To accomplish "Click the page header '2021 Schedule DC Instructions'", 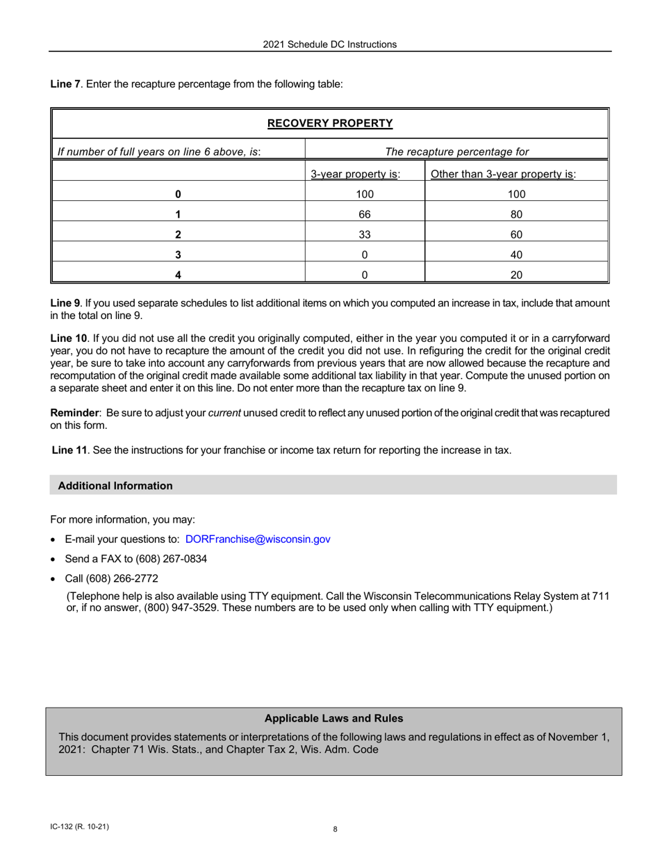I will click(x=329, y=44).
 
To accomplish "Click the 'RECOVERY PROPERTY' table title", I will click(x=330, y=124).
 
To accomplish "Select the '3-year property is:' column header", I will click(x=355, y=174).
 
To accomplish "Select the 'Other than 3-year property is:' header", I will click(x=504, y=174).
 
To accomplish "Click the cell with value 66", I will click(x=365, y=215).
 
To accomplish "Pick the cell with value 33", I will click(x=365, y=235).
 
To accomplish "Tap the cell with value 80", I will click(x=516, y=215).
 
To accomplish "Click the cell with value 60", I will click(x=516, y=235).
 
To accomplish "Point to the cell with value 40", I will click(x=516, y=255).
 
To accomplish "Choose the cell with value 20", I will click(x=516, y=275).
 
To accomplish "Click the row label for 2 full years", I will click(x=179, y=235).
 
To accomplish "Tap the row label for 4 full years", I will click(x=179, y=275).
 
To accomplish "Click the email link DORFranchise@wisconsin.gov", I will click(x=258, y=539).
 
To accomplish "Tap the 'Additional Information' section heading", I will click(x=115, y=486).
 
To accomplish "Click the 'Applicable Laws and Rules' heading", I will click(x=333, y=719).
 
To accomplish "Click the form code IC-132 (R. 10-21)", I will click(x=79, y=827).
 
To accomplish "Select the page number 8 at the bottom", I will click(x=335, y=829).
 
